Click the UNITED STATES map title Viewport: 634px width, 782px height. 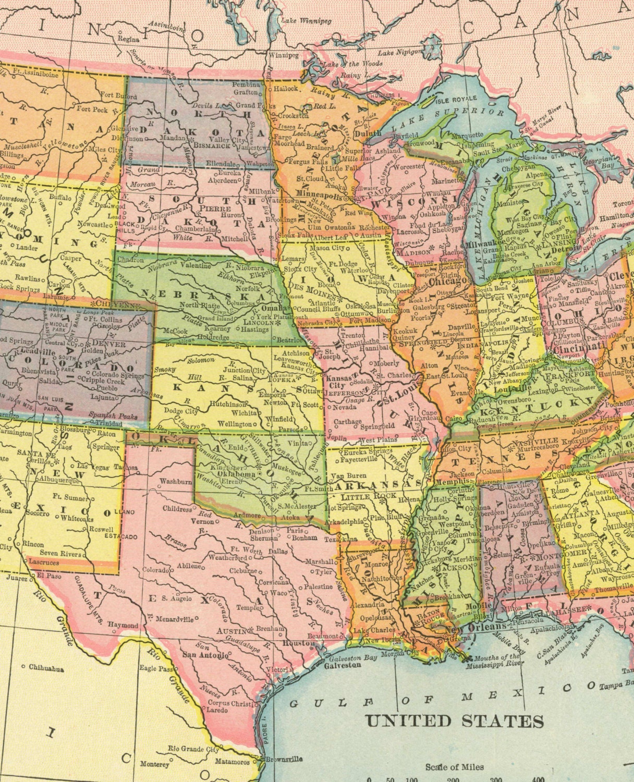pos(454,721)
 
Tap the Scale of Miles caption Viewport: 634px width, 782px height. pos(454,766)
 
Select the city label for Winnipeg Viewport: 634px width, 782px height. pos(284,55)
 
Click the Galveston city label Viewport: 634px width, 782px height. pos(342,665)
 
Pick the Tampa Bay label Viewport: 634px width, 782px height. pos(616,687)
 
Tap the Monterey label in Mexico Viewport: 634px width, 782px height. pos(154,764)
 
